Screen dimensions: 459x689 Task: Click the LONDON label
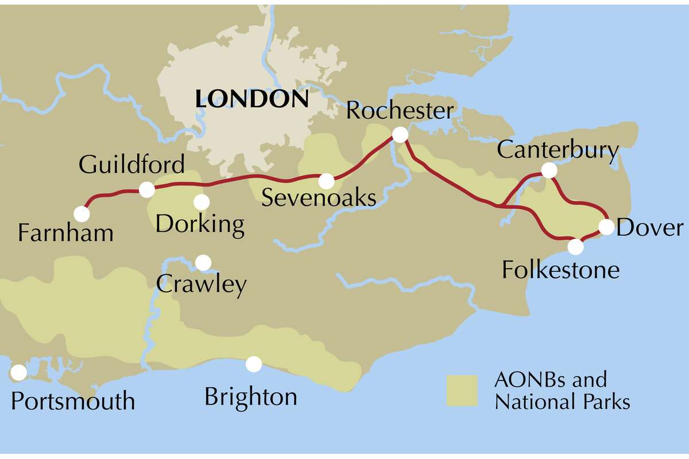coord(251,99)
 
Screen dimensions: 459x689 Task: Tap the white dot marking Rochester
coord(400,135)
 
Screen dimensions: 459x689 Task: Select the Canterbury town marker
coord(549,170)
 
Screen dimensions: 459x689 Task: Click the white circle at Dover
coord(606,227)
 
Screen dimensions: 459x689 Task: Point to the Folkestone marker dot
coord(575,247)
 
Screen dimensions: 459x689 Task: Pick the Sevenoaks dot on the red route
coord(326,181)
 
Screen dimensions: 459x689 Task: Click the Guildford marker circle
coord(147,189)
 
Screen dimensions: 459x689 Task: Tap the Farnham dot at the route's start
coord(82,214)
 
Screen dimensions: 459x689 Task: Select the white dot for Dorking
coord(201,202)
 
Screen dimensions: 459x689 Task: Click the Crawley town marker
coord(203,262)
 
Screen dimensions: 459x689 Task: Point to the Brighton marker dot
coord(253,364)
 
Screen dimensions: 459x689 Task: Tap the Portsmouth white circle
coord(18,372)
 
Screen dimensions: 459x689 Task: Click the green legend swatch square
coord(462,391)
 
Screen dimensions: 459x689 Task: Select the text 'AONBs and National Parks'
coord(562,390)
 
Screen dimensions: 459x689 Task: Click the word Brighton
coord(251,396)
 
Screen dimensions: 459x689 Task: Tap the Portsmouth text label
coord(73,400)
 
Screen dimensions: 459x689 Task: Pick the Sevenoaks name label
coord(319,199)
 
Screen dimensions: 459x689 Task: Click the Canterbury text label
coord(558,150)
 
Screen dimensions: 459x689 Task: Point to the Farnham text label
coord(65,234)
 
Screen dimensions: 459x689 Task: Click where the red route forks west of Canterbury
coord(501,205)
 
